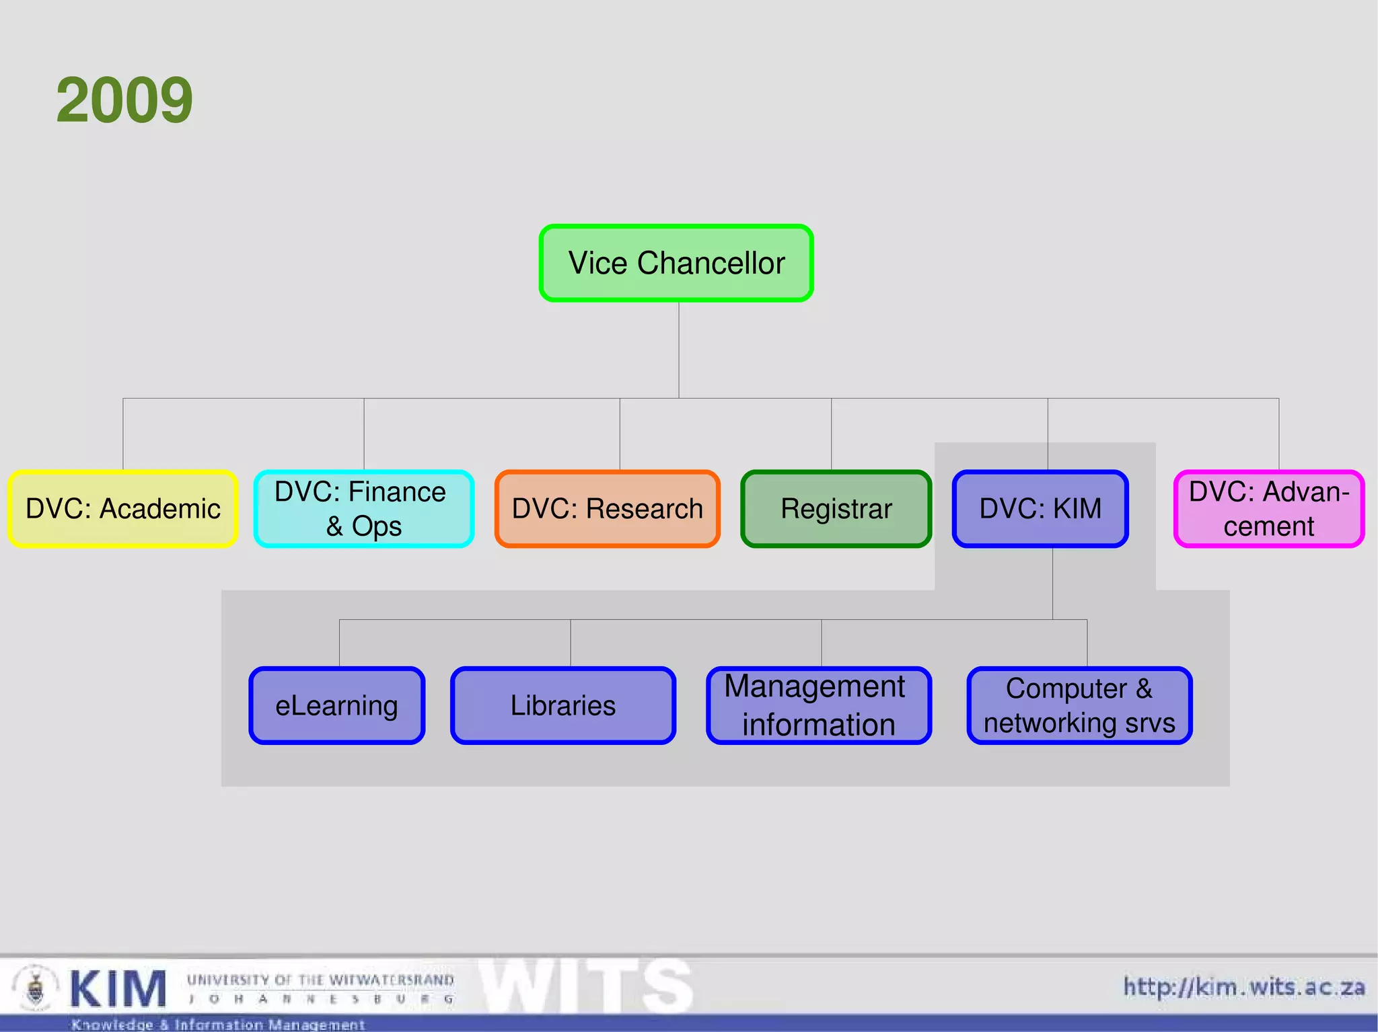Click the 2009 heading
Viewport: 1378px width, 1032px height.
click(x=124, y=100)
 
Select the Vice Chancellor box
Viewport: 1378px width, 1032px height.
click(x=676, y=263)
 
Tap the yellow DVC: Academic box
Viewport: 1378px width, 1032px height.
click(x=123, y=509)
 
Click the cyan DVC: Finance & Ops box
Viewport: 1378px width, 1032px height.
click(x=363, y=509)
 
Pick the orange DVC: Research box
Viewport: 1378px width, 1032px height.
click(x=607, y=509)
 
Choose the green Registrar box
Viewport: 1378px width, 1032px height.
click(x=836, y=509)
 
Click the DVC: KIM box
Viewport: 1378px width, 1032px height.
click(x=1040, y=509)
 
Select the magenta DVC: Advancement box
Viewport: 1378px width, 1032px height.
click(x=1268, y=509)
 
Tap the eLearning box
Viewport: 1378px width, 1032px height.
click(x=336, y=706)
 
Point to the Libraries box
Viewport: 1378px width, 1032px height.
click(x=563, y=706)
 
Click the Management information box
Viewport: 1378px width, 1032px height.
click(x=818, y=706)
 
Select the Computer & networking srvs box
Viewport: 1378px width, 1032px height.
click(x=1079, y=706)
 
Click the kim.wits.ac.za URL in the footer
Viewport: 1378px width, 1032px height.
click(x=1244, y=987)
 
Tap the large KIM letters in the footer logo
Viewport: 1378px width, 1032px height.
click(x=118, y=989)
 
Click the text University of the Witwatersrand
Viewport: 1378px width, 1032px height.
click(x=320, y=980)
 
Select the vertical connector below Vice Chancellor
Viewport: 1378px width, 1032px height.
click(x=678, y=350)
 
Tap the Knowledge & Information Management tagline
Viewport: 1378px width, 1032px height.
click(x=218, y=1025)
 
